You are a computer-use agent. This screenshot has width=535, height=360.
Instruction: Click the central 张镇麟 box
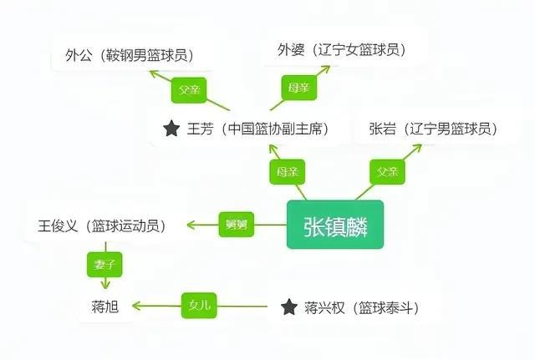(x=335, y=225)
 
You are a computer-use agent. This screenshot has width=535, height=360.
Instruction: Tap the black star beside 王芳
(x=171, y=129)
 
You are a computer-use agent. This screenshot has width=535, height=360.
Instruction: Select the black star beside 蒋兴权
(x=289, y=307)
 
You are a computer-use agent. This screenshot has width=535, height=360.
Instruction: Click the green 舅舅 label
(x=237, y=225)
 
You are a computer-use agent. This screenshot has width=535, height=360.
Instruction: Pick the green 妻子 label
(x=104, y=265)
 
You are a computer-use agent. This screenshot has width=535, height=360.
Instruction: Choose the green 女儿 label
(x=199, y=306)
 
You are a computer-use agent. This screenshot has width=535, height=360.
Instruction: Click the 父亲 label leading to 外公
(x=189, y=90)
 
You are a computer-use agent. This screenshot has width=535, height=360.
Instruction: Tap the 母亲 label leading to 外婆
(x=299, y=88)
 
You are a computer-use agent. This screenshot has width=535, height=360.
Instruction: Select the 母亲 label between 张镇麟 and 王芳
(x=288, y=172)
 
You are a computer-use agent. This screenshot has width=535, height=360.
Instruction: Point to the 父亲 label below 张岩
(x=388, y=172)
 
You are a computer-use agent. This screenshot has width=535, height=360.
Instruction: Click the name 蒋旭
(x=105, y=307)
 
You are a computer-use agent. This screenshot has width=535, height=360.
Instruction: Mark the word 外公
(x=79, y=55)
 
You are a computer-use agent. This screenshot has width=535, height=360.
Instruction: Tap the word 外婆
(x=291, y=50)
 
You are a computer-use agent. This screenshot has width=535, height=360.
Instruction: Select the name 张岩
(x=383, y=129)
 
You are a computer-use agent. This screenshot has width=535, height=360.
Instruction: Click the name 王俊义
(x=58, y=226)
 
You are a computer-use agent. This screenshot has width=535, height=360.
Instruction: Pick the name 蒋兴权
(x=324, y=307)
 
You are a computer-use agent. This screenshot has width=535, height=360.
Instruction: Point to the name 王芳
(x=201, y=129)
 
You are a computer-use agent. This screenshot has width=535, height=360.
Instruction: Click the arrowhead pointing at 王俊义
(x=191, y=225)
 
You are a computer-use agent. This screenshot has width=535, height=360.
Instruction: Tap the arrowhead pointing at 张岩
(x=417, y=149)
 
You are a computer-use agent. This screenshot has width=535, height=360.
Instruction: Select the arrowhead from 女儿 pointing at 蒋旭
(x=136, y=306)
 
